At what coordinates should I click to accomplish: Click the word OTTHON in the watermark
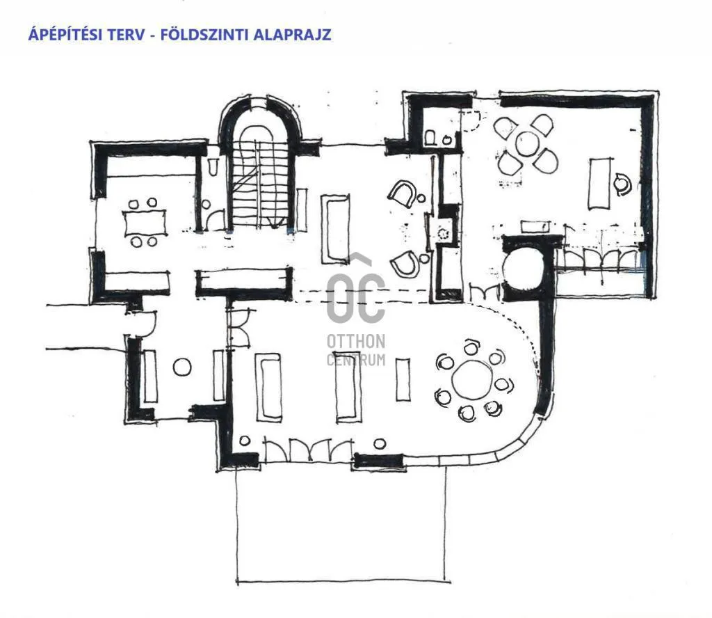pyautogui.click(x=355, y=342)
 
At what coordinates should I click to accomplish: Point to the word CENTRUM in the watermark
pyautogui.click(x=355, y=360)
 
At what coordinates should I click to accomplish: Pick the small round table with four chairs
pyautogui.click(x=527, y=144)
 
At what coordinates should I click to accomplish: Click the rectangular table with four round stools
pyautogui.click(x=145, y=223)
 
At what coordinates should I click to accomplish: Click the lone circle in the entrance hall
pyautogui.click(x=181, y=367)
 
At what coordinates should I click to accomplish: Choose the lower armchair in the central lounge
pyautogui.click(x=406, y=264)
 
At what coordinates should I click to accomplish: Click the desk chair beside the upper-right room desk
pyautogui.click(x=622, y=184)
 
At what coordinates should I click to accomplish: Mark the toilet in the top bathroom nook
pyautogui.click(x=431, y=136)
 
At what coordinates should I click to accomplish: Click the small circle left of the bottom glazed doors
pyautogui.click(x=245, y=441)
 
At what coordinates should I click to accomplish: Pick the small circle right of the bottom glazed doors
pyautogui.click(x=379, y=443)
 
